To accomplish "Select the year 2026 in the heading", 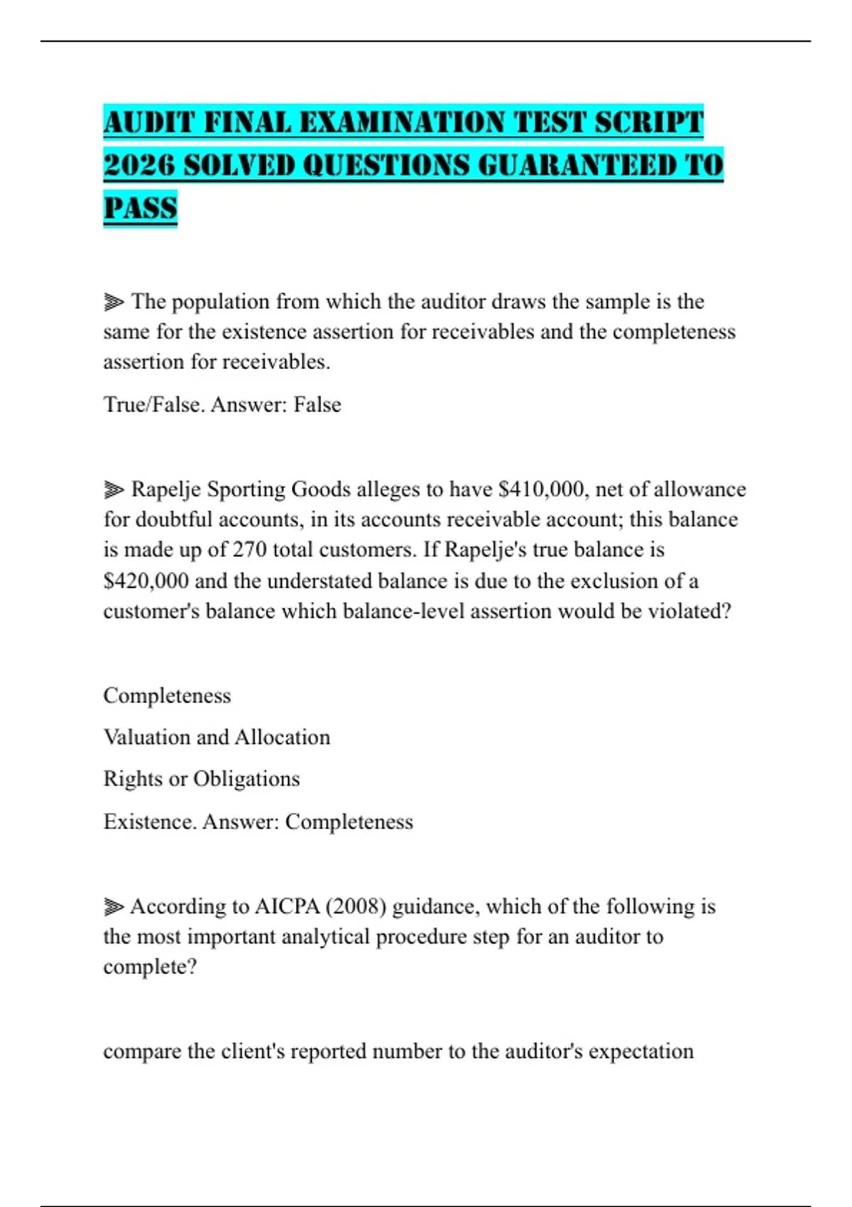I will point(138,165).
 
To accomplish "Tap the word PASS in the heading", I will point(140,208).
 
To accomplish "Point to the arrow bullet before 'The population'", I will point(114,302).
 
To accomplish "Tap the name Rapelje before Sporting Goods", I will point(166,489).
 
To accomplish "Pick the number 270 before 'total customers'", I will point(249,550).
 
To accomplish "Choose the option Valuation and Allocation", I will point(217,737).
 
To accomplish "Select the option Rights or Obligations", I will point(202,779).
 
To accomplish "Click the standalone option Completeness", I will point(167,695).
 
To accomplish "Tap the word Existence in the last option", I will point(149,821).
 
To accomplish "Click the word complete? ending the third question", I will point(150,967).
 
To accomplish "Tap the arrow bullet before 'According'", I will point(114,907).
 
